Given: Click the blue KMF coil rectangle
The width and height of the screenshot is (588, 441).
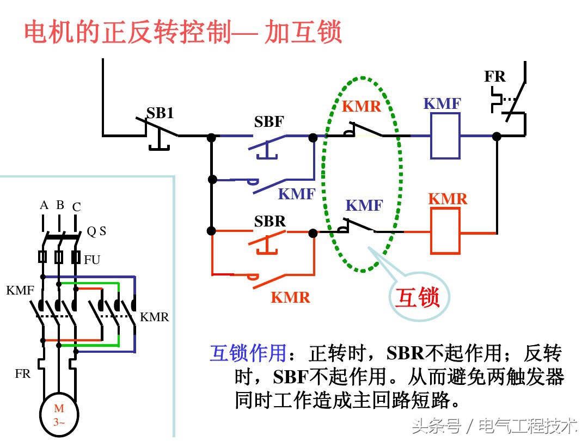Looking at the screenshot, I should coord(445,136).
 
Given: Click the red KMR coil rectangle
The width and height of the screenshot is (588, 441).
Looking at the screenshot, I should coord(445,231).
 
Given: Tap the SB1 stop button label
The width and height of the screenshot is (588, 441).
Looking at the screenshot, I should coord(160,113).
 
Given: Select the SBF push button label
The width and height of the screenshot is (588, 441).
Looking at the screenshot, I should coord(269,122).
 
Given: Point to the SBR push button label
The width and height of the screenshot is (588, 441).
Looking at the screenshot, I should coord(270,222).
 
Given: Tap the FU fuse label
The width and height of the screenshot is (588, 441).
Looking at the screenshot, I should coord(92,260).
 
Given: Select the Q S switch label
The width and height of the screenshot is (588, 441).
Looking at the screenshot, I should coord(96,231).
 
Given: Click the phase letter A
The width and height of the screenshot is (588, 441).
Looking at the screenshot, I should coord(44,205).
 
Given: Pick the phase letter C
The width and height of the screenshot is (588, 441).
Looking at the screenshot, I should coord(76,207).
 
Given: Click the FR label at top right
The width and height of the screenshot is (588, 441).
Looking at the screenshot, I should coord(495,77).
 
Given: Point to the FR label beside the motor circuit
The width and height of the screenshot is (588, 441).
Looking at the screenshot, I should coord(23,374).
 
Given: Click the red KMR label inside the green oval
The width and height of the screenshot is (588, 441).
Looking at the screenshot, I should coord(362,106).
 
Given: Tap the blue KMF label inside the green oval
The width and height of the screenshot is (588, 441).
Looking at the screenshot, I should coord(364,206).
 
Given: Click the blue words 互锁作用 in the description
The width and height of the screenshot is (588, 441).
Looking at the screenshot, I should coord(248,354).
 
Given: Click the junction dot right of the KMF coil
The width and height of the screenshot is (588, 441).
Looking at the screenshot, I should coord(497,136).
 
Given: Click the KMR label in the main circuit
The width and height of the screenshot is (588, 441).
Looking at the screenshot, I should coord(155,317).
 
